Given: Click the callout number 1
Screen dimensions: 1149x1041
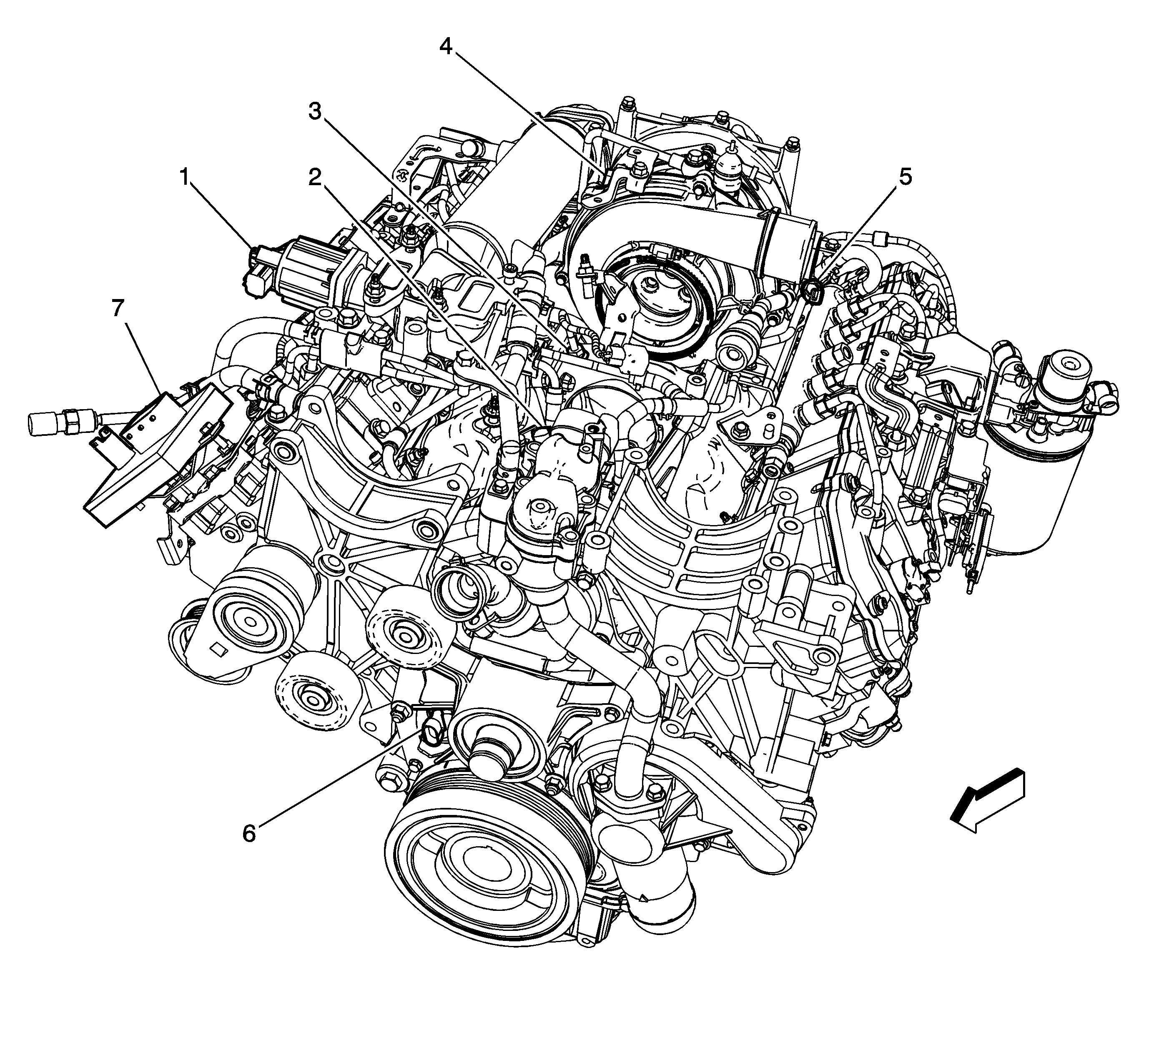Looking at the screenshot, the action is point(184,178).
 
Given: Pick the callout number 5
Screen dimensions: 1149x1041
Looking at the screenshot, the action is point(905,177).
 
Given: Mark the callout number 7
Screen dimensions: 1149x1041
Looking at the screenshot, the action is point(118,309).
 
